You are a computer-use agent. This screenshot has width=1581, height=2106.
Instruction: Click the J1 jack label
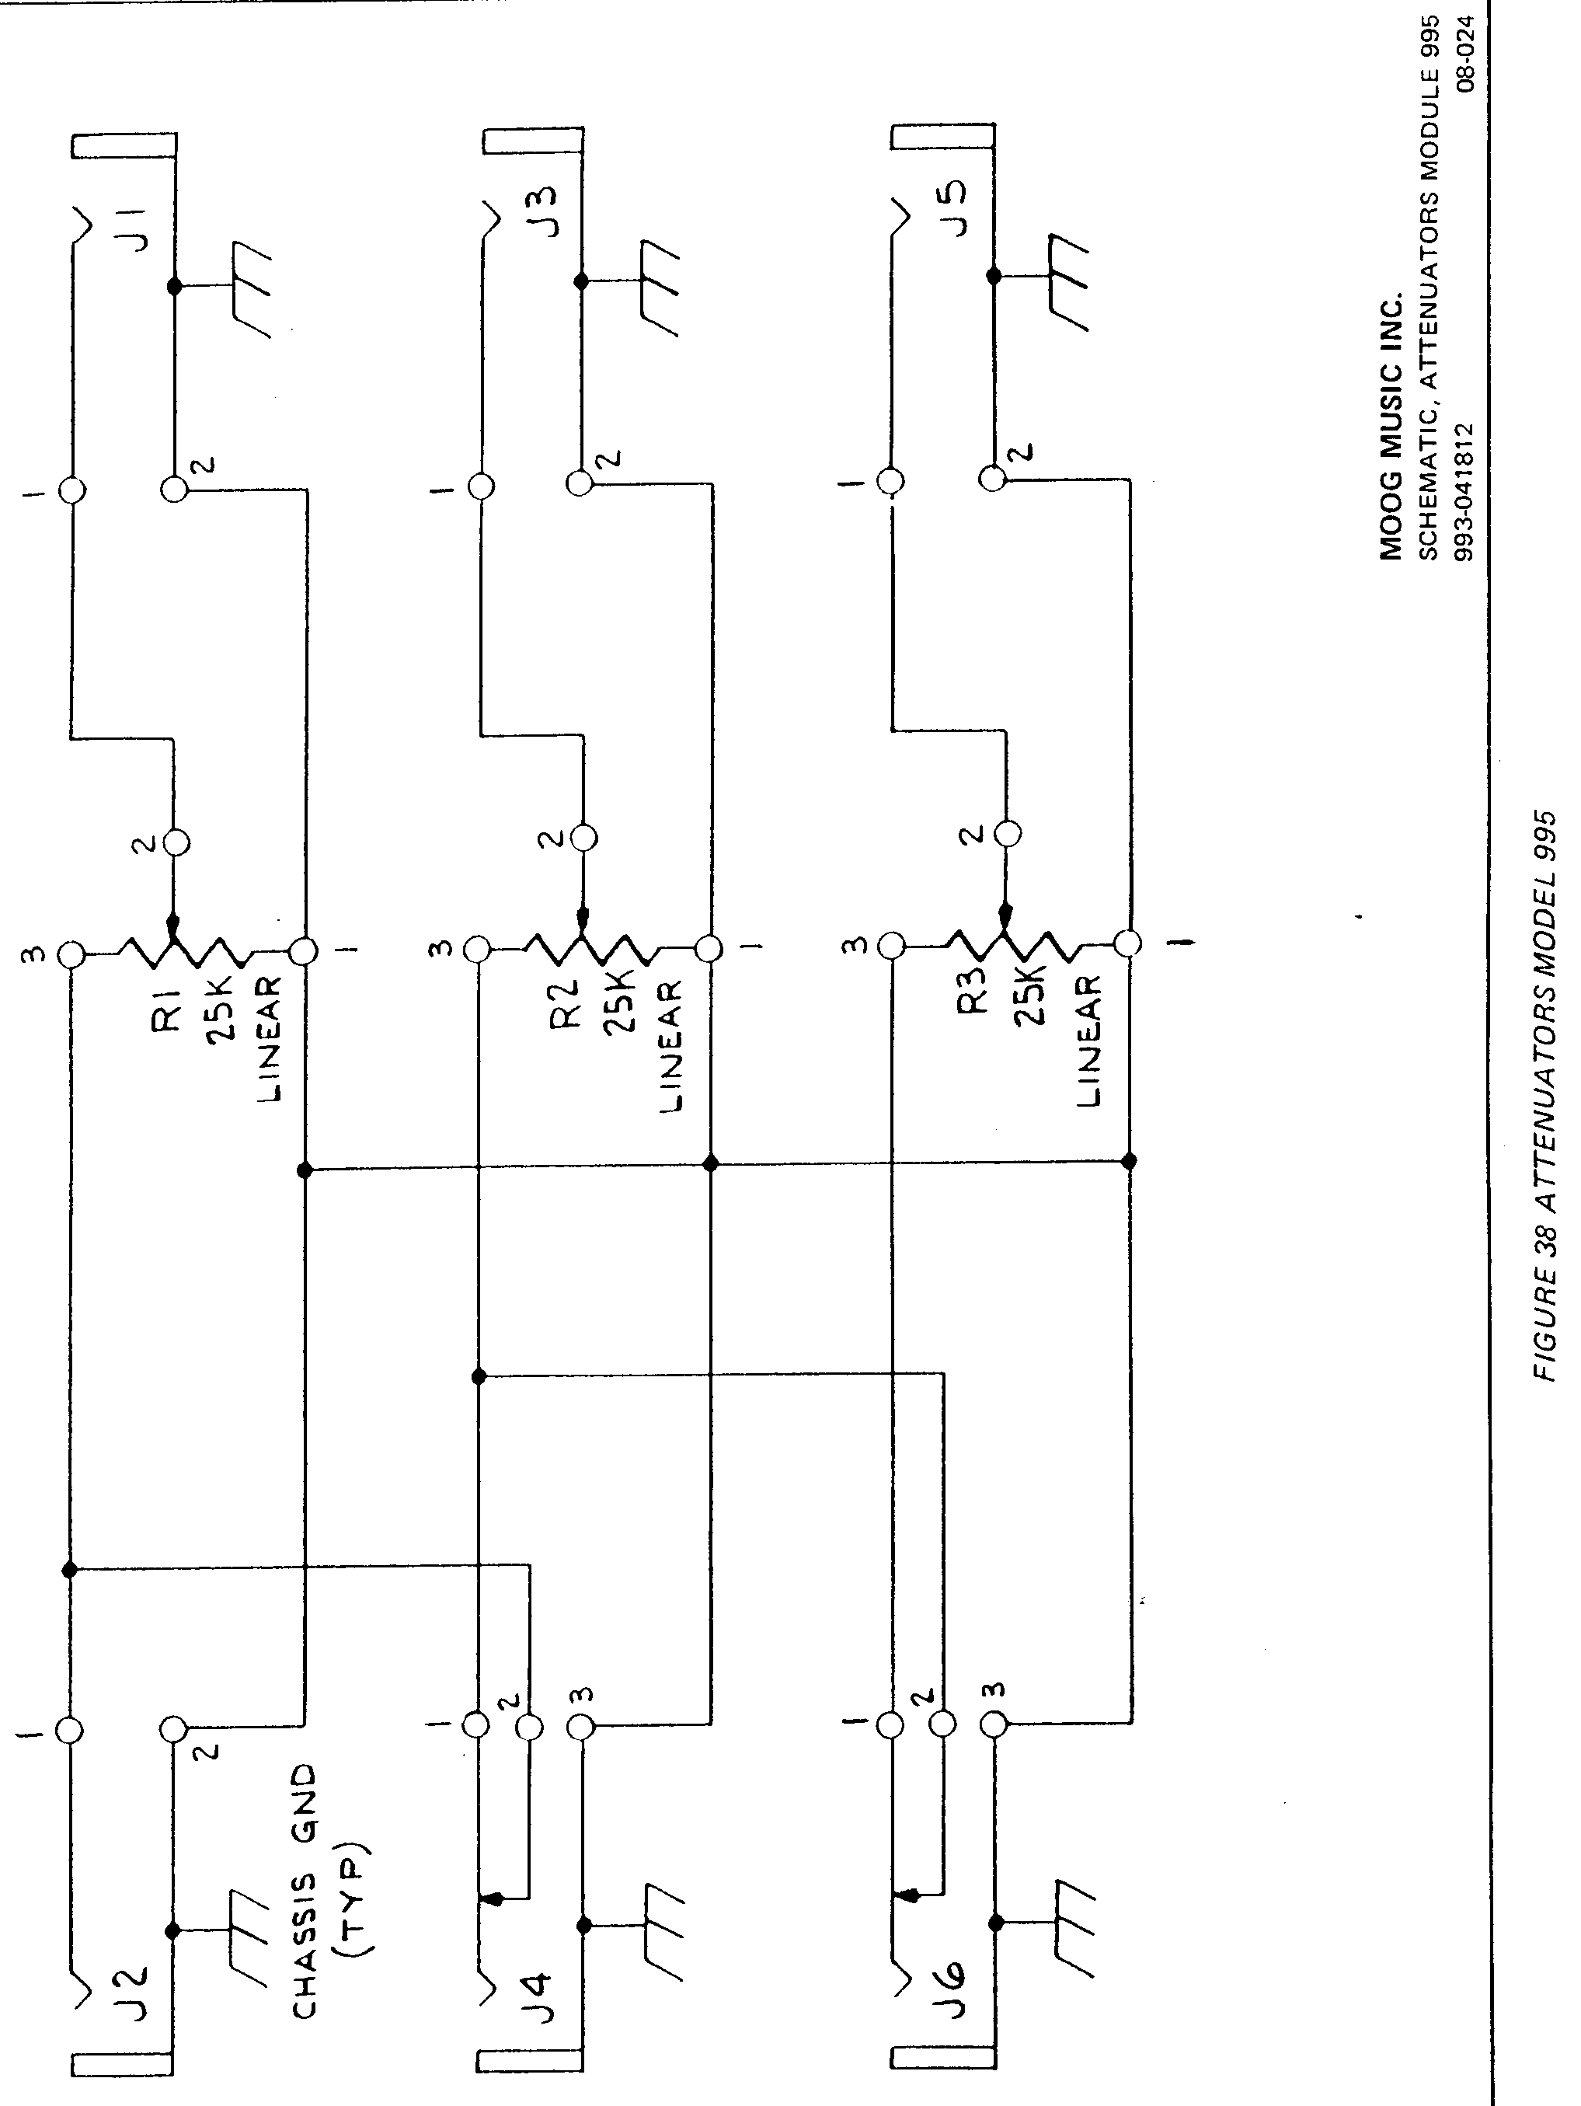pos(138,228)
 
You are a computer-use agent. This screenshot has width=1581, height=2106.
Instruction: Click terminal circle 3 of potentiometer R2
pos(477,948)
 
